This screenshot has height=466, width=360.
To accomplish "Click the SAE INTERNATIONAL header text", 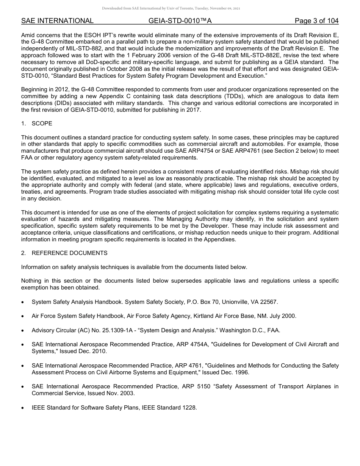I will (57, 21).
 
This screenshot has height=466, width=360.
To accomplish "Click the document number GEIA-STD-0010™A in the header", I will (180, 21).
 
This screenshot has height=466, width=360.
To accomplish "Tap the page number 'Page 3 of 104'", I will (317, 21).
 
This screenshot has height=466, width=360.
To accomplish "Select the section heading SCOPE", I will (42, 124).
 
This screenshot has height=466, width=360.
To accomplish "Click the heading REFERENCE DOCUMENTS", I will (70, 253).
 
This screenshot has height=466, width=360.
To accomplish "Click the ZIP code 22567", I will (269, 302).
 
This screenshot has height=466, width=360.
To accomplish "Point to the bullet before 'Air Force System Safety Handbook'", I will (23, 316).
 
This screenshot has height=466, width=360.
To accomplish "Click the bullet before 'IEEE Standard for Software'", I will (23, 408).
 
